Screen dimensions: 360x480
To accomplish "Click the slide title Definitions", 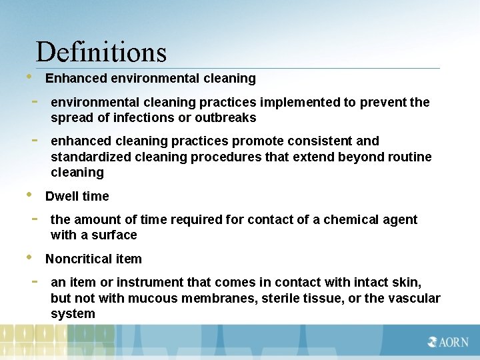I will [x=101, y=52].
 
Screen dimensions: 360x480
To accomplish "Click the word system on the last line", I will [x=73, y=314].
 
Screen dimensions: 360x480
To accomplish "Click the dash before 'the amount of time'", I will [x=33, y=218].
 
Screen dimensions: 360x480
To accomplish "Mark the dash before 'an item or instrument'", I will [x=33, y=281].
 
